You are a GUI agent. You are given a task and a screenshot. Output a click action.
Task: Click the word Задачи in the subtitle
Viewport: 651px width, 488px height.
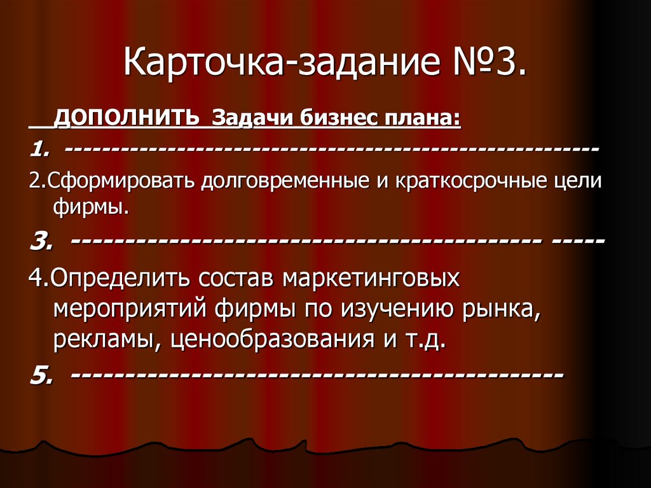[245, 118]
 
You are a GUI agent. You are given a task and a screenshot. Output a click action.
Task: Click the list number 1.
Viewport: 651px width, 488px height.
[38, 150]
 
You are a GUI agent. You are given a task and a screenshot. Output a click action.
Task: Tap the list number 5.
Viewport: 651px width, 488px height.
[40, 375]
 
